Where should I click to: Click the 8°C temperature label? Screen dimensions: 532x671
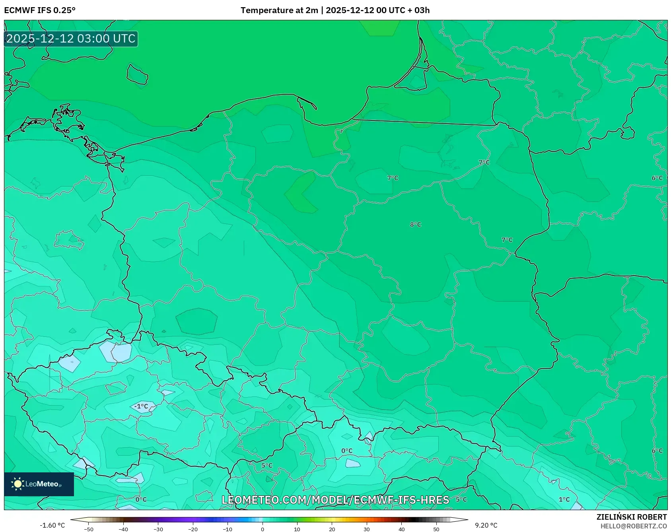(415, 225)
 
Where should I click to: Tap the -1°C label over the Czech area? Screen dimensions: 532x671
(141, 406)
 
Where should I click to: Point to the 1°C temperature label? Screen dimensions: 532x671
(564, 499)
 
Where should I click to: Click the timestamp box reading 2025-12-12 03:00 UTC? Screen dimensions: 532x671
(71, 39)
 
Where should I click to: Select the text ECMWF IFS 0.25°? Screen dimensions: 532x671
(40, 10)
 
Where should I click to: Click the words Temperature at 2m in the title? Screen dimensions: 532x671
(279, 10)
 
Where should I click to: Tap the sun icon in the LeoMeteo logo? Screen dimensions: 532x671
(18, 484)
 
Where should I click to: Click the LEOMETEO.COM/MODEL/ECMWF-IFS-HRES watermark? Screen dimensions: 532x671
(335, 500)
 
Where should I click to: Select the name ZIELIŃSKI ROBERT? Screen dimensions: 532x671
(631, 517)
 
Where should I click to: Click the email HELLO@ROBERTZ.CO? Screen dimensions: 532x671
(633, 526)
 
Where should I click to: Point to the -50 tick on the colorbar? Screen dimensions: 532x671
(89, 529)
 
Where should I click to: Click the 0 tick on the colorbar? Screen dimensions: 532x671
(262, 529)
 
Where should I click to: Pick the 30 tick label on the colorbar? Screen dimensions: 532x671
(366, 529)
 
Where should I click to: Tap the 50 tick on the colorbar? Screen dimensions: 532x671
(436, 529)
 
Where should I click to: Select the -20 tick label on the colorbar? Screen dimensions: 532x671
(193, 529)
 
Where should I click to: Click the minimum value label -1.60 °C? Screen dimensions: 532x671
(52, 525)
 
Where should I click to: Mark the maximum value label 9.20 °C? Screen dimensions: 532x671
(486, 525)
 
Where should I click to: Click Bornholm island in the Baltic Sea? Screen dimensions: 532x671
(137, 74)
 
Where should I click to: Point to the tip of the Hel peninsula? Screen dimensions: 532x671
(316, 108)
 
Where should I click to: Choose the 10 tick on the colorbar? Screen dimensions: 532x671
(297, 529)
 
